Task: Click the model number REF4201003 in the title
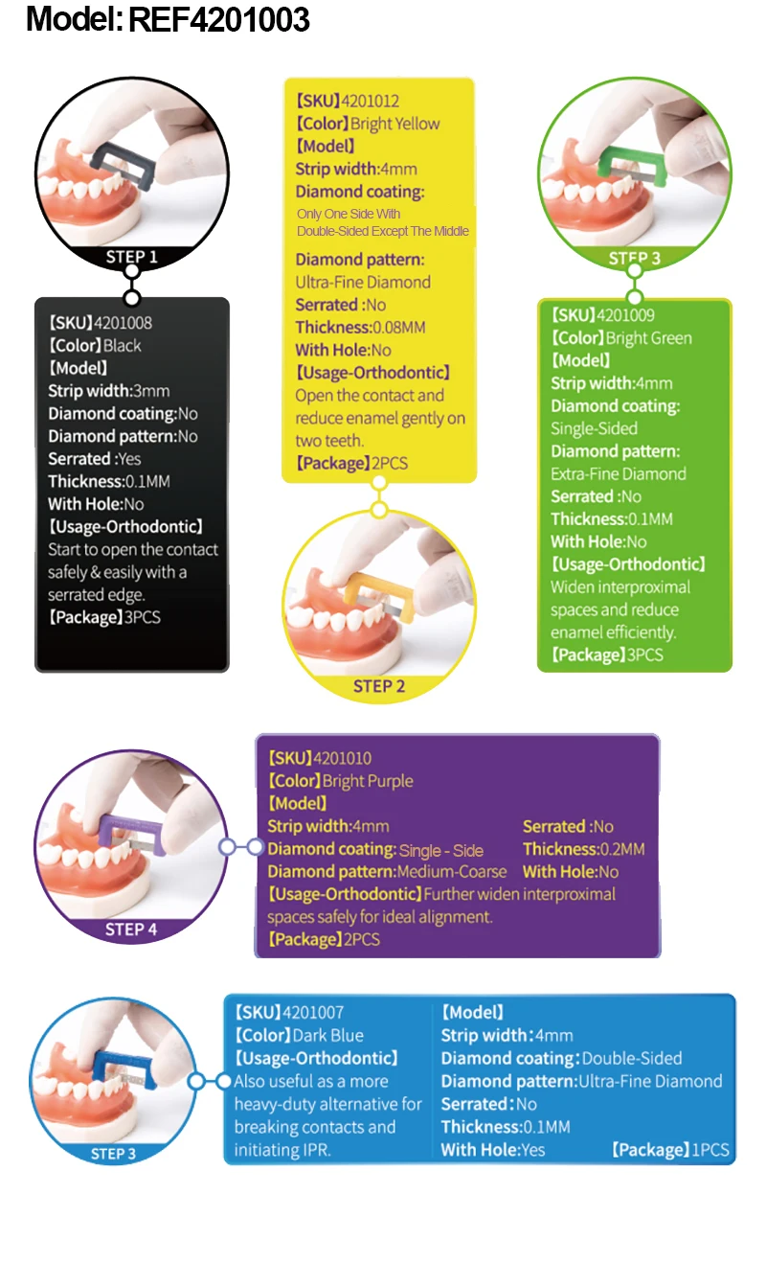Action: click(x=218, y=18)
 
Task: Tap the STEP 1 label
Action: click(x=131, y=257)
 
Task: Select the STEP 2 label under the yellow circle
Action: click(x=379, y=686)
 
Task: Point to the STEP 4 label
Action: click(x=131, y=930)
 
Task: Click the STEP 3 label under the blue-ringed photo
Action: click(x=113, y=1154)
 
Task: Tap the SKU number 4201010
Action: click(x=342, y=758)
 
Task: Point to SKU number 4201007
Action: click(x=314, y=1012)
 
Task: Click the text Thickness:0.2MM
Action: click(x=583, y=849)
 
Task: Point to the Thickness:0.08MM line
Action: click(x=360, y=328)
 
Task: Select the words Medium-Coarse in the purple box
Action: click(x=452, y=872)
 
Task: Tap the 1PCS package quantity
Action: click(x=710, y=1150)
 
